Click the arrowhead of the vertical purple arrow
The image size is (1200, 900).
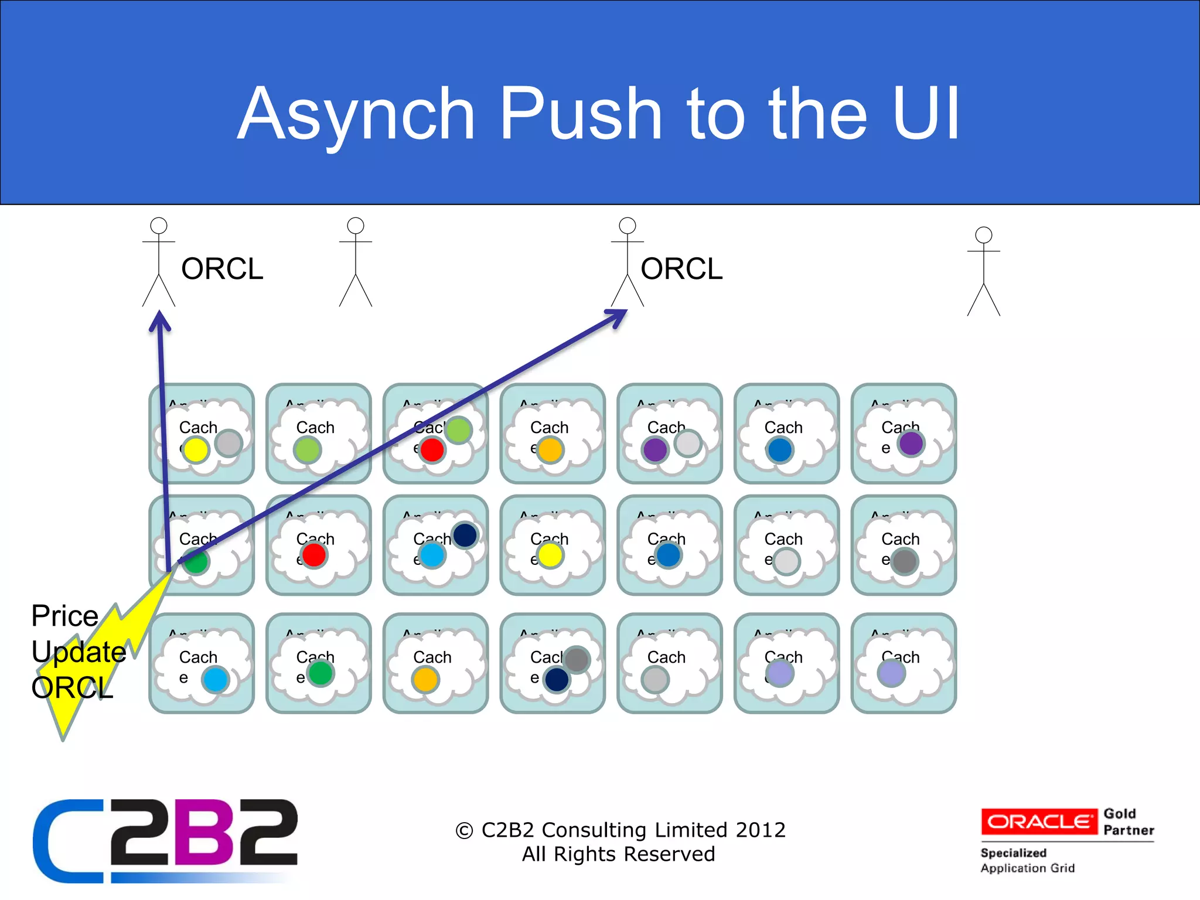pos(159,322)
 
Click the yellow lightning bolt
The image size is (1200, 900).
pos(100,662)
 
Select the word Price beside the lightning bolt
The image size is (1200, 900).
pos(64,616)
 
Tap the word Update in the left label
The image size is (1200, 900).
pos(79,652)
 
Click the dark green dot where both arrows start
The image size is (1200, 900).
pos(196,561)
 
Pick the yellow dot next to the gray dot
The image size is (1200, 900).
pos(196,450)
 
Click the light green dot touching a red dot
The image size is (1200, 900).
pos(459,431)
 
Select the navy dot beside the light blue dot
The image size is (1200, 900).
pos(465,535)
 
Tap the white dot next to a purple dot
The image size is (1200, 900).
pos(688,443)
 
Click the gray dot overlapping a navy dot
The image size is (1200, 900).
pos(578,660)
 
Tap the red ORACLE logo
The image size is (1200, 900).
pos(1039,821)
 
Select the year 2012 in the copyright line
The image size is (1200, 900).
pos(760,830)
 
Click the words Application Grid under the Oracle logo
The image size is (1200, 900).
pos(1027,868)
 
